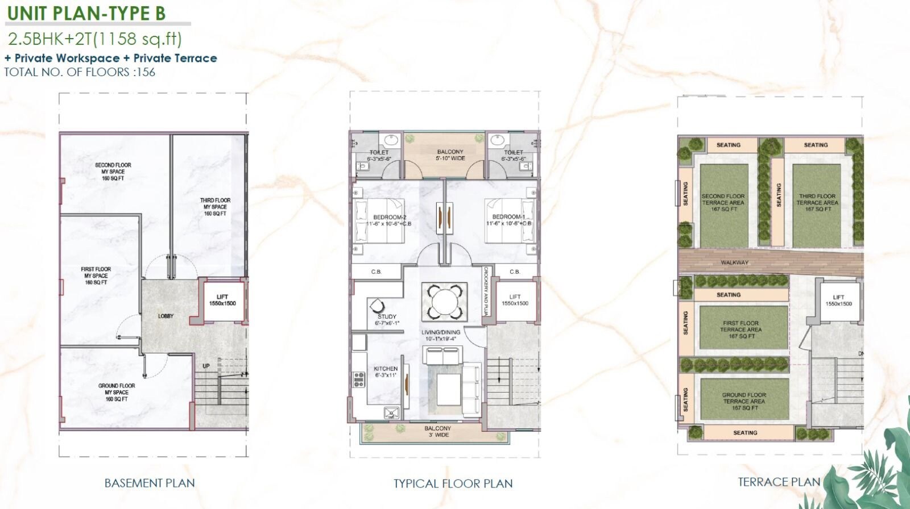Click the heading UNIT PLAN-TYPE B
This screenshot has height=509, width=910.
[x=86, y=13]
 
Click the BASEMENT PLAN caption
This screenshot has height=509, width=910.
[x=150, y=483]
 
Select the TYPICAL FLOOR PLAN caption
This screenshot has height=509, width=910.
[x=453, y=483]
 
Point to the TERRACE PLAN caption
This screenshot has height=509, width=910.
[x=779, y=482]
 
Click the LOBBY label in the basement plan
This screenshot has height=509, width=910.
[x=166, y=316]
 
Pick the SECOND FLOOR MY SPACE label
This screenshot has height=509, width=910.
[x=113, y=172]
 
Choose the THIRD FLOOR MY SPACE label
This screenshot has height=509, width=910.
[x=215, y=207]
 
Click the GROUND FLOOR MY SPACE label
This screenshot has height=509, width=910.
[x=117, y=392]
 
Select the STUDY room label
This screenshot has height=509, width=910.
[x=387, y=319]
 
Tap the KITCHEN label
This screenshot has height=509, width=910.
[x=386, y=372]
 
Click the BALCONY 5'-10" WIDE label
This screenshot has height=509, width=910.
[x=450, y=155]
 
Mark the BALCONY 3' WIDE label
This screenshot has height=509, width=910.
[x=437, y=432]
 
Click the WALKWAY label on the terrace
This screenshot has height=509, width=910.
[x=734, y=262]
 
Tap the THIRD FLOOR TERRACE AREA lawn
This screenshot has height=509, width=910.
[x=817, y=203]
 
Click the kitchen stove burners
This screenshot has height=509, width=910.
[x=359, y=379]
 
